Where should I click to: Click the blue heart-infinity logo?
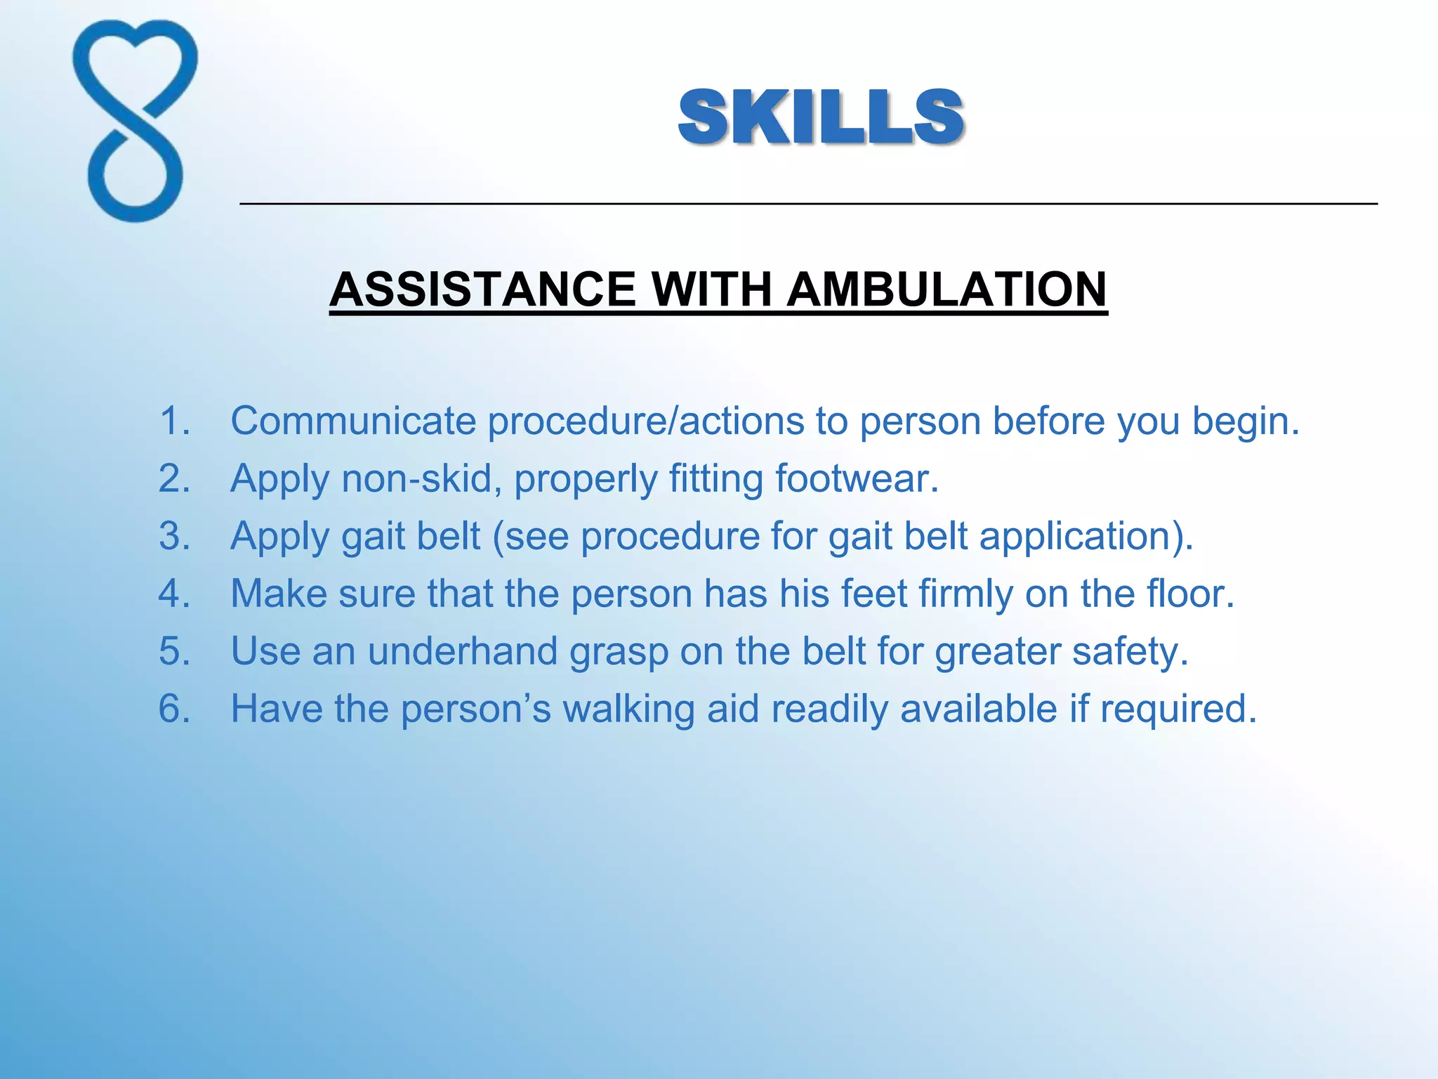(x=135, y=121)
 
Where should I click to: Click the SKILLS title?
(x=821, y=117)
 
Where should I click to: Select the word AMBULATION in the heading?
(x=946, y=289)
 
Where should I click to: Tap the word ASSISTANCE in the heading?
(x=482, y=289)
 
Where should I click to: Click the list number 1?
(x=174, y=421)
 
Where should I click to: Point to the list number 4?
(x=174, y=594)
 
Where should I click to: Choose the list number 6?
(x=174, y=708)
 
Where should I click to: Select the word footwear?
(x=856, y=478)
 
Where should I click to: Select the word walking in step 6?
(x=628, y=709)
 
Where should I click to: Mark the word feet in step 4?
(x=874, y=594)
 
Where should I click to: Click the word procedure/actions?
(x=645, y=422)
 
